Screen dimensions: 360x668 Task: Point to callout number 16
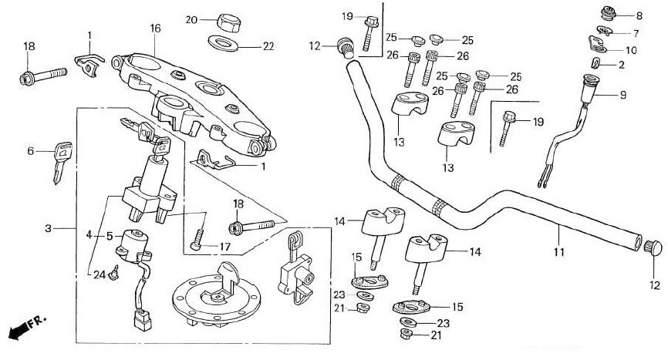click(x=155, y=29)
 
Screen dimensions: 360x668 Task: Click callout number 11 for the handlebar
click(x=558, y=250)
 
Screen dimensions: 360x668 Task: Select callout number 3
click(x=48, y=229)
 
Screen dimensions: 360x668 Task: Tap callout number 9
click(x=623, y=96)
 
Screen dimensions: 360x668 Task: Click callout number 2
click(x=621, y=66)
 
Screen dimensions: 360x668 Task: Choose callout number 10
click(x=630, y=50)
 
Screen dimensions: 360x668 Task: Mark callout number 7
click(x=636, y=33)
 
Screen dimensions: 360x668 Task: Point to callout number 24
click(x=98, y=274)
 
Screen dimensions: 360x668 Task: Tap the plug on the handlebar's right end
click(x=653, y=248)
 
